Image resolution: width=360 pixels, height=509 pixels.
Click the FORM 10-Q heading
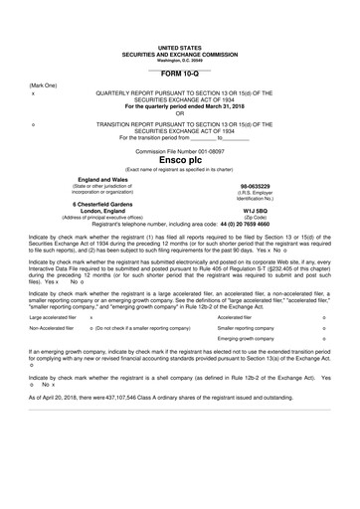click(x=179, y=74)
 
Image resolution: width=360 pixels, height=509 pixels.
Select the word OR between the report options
click(x=179, y=112)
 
